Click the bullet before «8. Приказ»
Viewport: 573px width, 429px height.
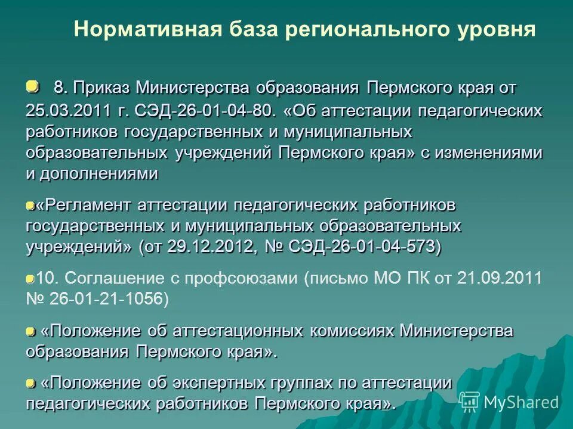point(32,87)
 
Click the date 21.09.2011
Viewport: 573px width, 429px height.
point(500,278)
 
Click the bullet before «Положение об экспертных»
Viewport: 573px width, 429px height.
point(30,382)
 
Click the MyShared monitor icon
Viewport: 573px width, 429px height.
point(469,402)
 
